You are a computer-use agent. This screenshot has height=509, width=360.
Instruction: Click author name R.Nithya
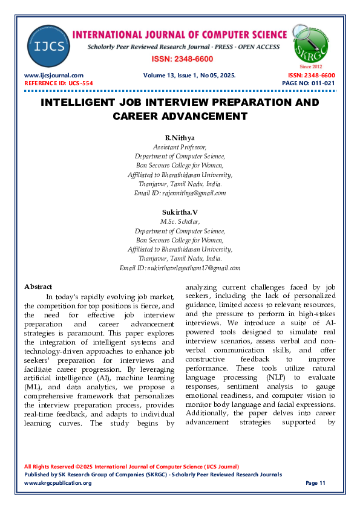coord(180,138)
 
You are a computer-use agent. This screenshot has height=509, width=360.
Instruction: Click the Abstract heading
coord(38,286)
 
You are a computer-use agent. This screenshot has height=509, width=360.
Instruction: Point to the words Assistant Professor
coord(180,147)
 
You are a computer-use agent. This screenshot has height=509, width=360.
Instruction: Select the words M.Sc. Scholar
coord(180,222)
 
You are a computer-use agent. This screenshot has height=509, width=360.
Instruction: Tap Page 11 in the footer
coord(315,483)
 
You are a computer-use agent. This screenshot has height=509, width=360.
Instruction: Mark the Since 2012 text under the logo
coord(311,66)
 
